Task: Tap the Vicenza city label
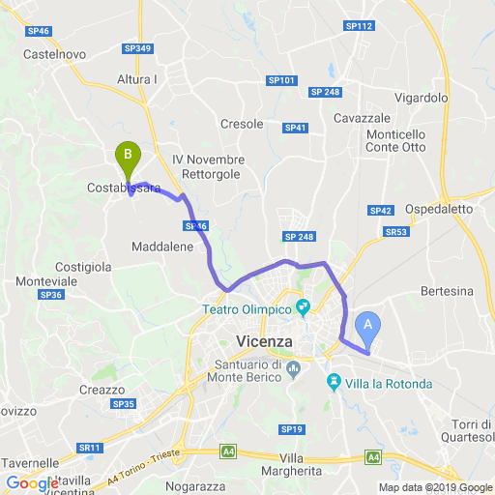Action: click(264, 341)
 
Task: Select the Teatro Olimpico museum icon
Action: click(303, 308)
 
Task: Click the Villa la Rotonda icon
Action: click(335, 382)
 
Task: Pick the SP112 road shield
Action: click(358, 25)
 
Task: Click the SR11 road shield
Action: click(90, 448)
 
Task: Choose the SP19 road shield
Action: click(291, 428)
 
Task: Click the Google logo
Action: click(31, 483)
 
